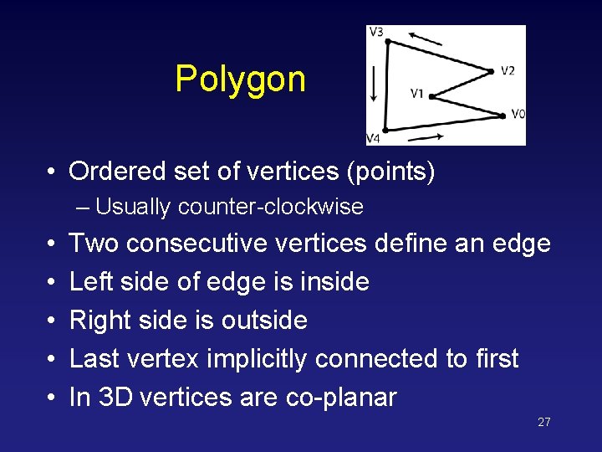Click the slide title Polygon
click(x=240, y=80)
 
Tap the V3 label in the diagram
click(x=375, y=33)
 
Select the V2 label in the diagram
click(x=508, y=70)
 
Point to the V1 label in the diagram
click(x=417, y=93)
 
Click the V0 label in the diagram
click(x=518, y=115)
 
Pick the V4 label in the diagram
click(x=373, y=138)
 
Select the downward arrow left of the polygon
click(x=375, y=84)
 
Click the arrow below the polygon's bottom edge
click(x=427, y=135)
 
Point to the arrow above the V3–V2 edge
click(x=426, y=38)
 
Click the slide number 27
click(x=543, y=422)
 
